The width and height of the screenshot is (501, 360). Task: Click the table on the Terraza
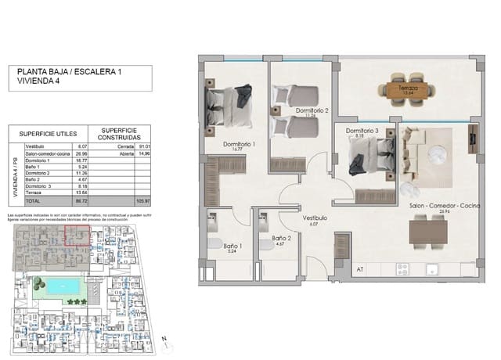tap(407, 88)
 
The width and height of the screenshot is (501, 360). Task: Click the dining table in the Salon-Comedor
tap(429, 229)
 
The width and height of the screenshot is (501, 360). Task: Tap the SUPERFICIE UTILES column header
tap(47, 133)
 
